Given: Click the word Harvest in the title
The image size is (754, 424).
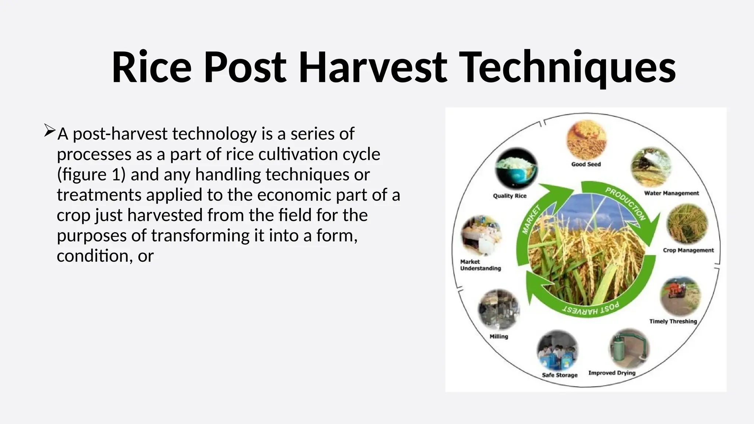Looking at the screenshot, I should click(373, 68).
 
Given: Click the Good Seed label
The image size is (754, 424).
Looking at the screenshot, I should click(586, 164).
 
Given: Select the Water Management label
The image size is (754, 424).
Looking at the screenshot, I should click(671, 193).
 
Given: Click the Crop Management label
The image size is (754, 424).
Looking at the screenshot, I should click(688, 250).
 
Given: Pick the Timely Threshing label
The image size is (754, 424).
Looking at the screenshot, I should click(673, 321).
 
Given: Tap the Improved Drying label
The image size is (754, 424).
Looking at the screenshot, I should click(612, 373).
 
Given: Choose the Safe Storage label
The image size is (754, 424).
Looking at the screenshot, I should click(560, 375).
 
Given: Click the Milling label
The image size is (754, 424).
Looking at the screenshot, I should click(498, 336).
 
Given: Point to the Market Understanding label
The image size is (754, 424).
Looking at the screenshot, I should click(480, 265).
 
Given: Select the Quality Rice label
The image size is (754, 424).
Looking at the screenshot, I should click(510, 196).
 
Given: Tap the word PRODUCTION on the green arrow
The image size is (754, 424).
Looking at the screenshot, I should click(626, 203).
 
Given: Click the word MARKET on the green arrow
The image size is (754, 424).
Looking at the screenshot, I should click(531, 220).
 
